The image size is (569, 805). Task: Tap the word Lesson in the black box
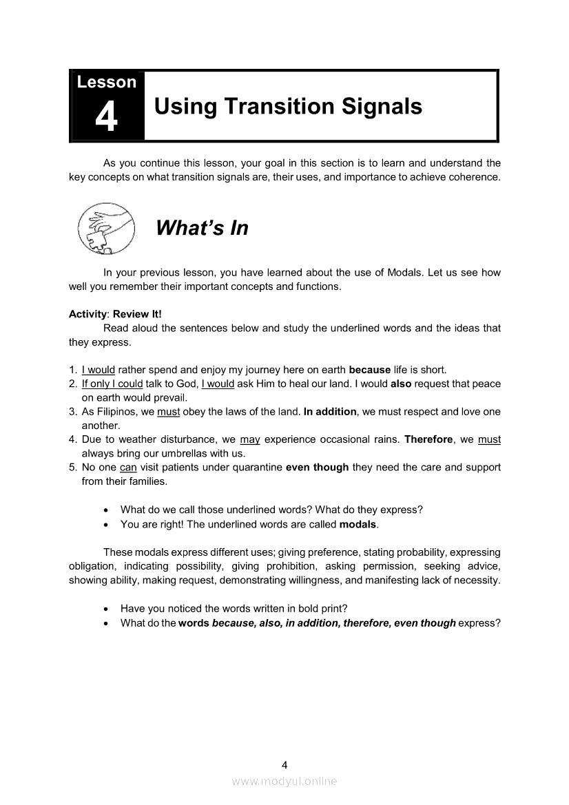tap(107, 83)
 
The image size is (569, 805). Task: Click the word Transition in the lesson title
tap(277, 107)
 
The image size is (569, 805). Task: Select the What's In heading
tap(202, 228)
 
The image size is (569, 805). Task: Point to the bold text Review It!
tap(137, 314)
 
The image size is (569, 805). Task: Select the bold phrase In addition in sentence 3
tap(330, 412)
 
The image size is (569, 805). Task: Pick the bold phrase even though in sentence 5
tap(318, 468)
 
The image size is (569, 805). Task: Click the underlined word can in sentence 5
tap(128, 468)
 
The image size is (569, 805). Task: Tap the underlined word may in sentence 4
tap(249, 439)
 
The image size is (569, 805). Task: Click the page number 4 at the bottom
tap(284, 764)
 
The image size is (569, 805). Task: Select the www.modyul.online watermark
tap(284, 781)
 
